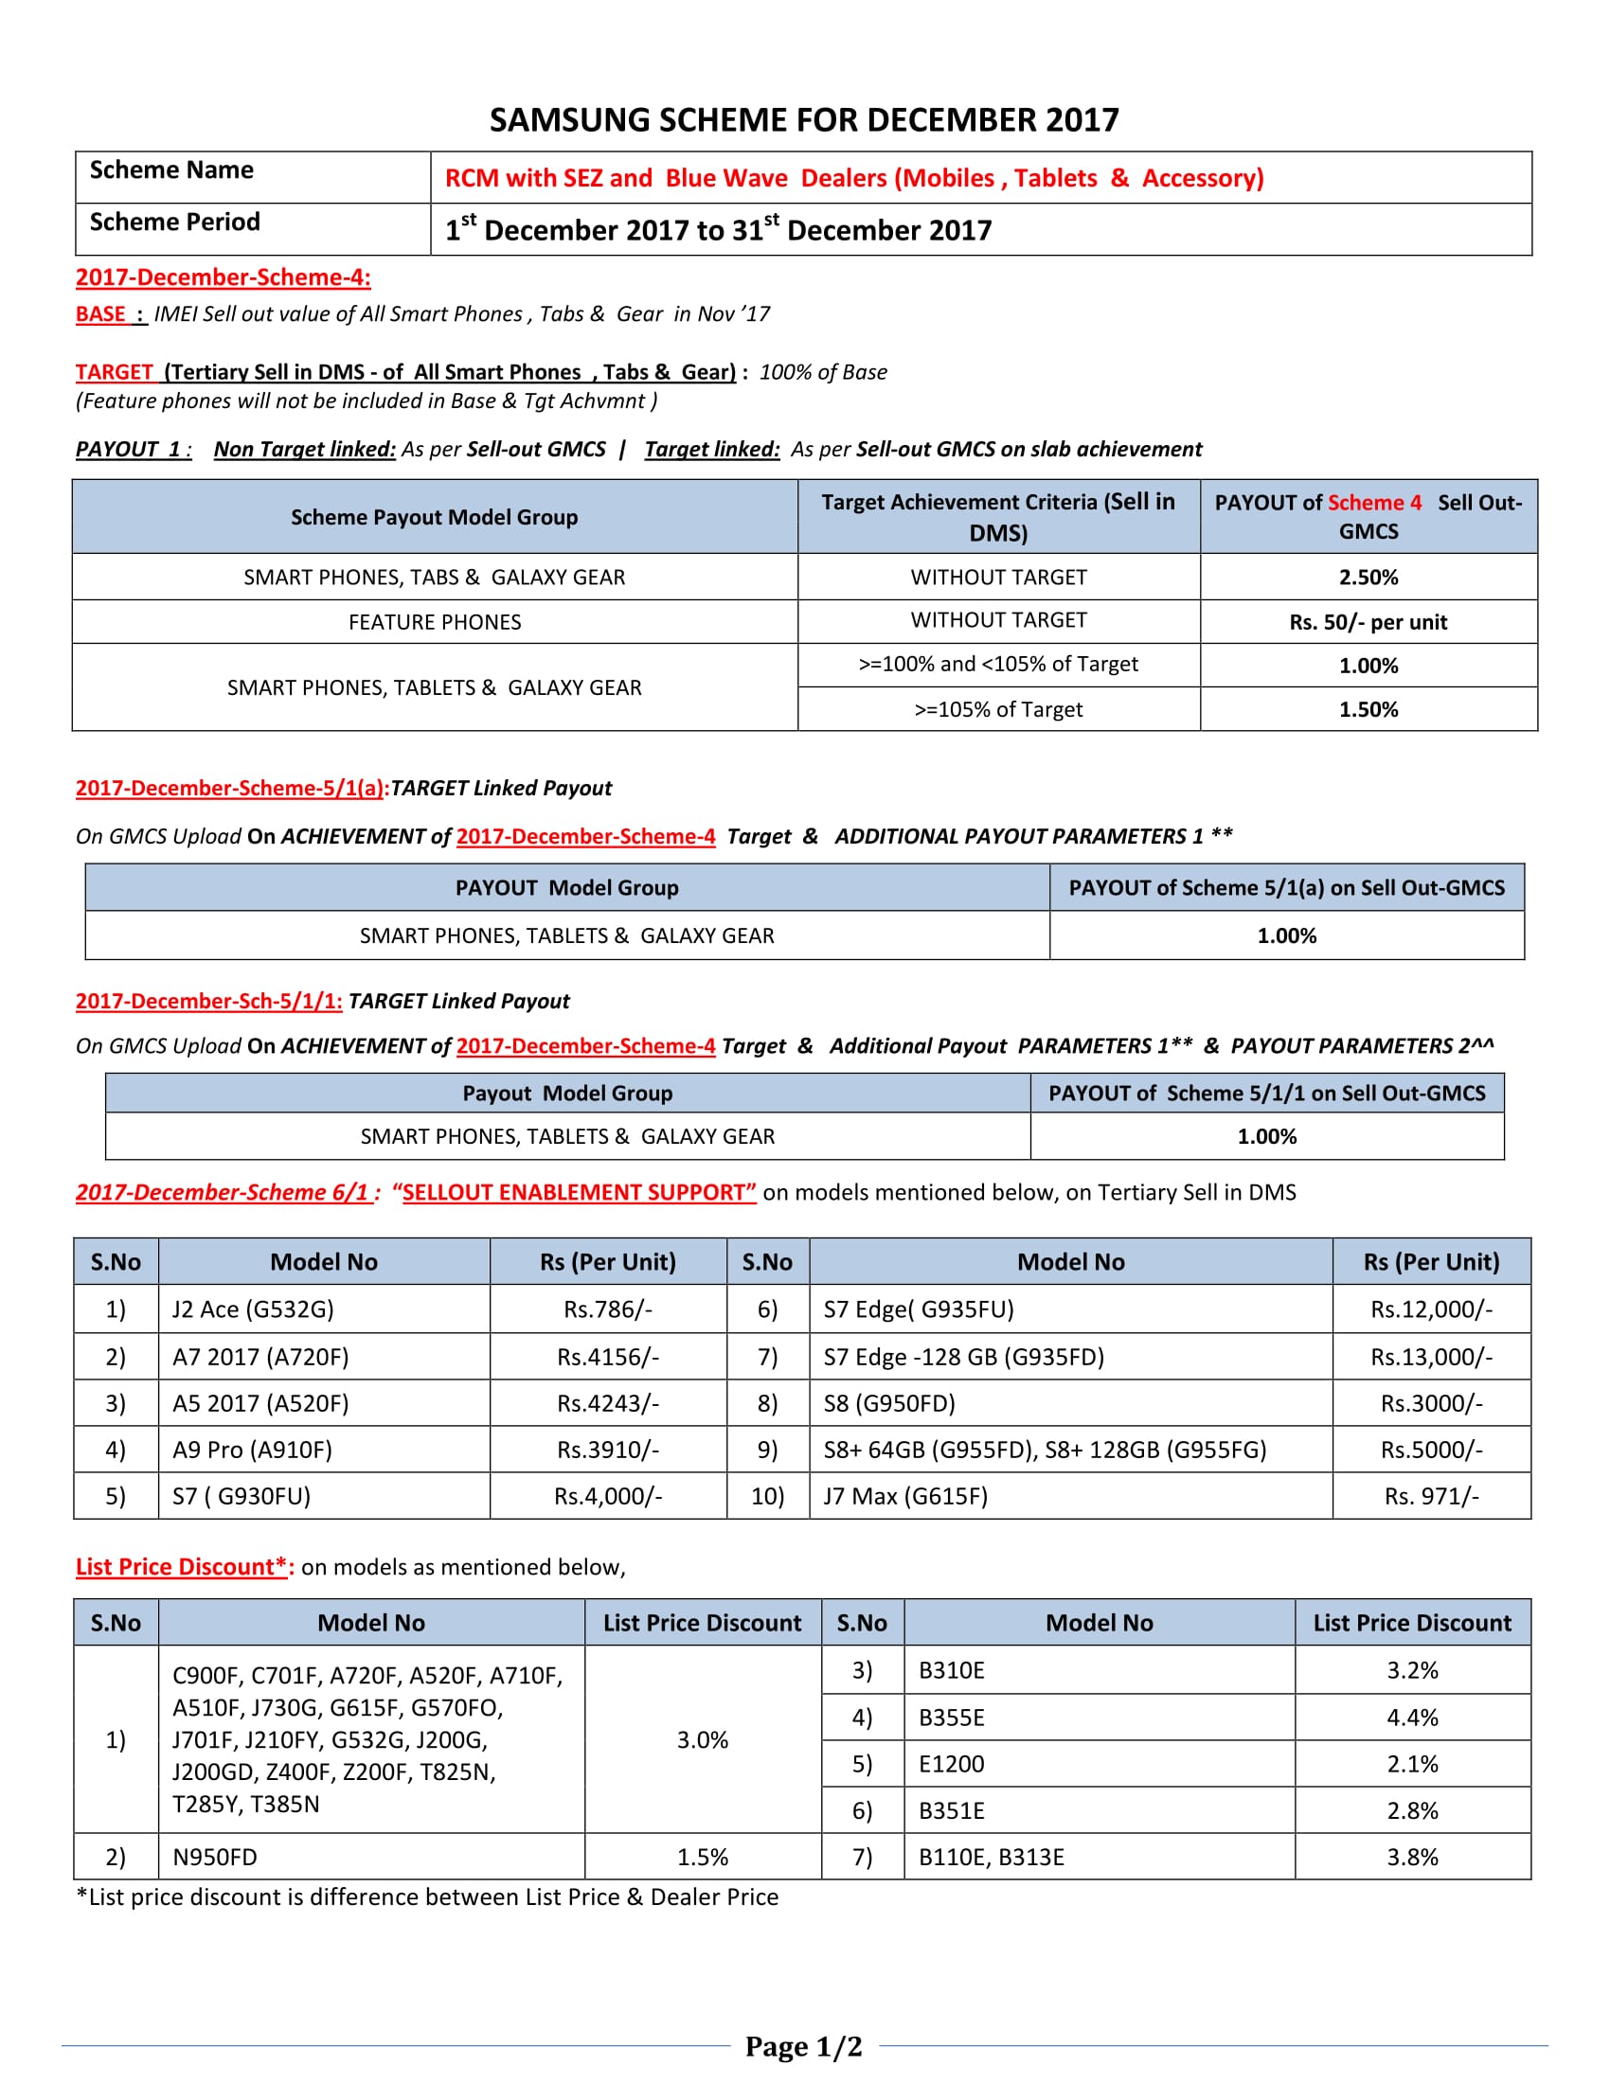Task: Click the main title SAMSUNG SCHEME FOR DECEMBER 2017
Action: click(x=803, y=120)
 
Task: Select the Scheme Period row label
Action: click(x=174, y=223)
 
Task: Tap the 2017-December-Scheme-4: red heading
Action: click(x=224, y=277)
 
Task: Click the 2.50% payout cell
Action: click(x=1368, y=577)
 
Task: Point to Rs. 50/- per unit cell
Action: click(x=1368, y=622)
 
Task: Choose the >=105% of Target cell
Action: click(x=997, y=709)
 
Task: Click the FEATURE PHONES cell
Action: click(x=434, y=622)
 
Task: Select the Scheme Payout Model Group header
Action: click(x=434, y=517)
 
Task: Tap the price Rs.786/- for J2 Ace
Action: click(x=608, y=1309)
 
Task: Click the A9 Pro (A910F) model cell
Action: click(x=253, y=1450)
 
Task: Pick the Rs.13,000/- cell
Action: click(x=1431, y=1356)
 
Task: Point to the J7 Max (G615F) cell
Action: click(x=905, y=1495)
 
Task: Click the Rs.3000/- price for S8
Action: click(x=1431, y=1403)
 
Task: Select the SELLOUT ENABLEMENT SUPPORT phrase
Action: click(x=579, y=1192)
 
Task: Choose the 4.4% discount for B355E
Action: click(x=1412, y=1718)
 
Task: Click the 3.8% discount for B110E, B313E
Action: click(x=1412, y=1857)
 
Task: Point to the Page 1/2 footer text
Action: click(x=803, y=2046)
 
